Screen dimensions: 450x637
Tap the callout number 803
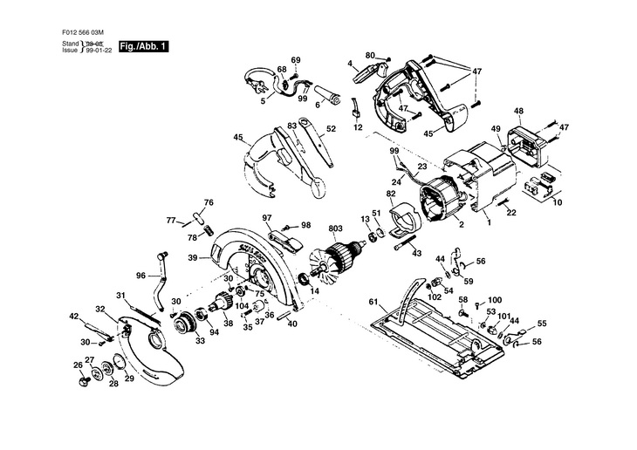334,229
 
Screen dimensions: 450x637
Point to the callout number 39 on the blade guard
204,257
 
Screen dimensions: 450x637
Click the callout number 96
140,275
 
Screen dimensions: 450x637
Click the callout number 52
331,128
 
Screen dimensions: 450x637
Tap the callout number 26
77,365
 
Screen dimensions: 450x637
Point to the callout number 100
495,299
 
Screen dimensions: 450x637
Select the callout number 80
370,56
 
